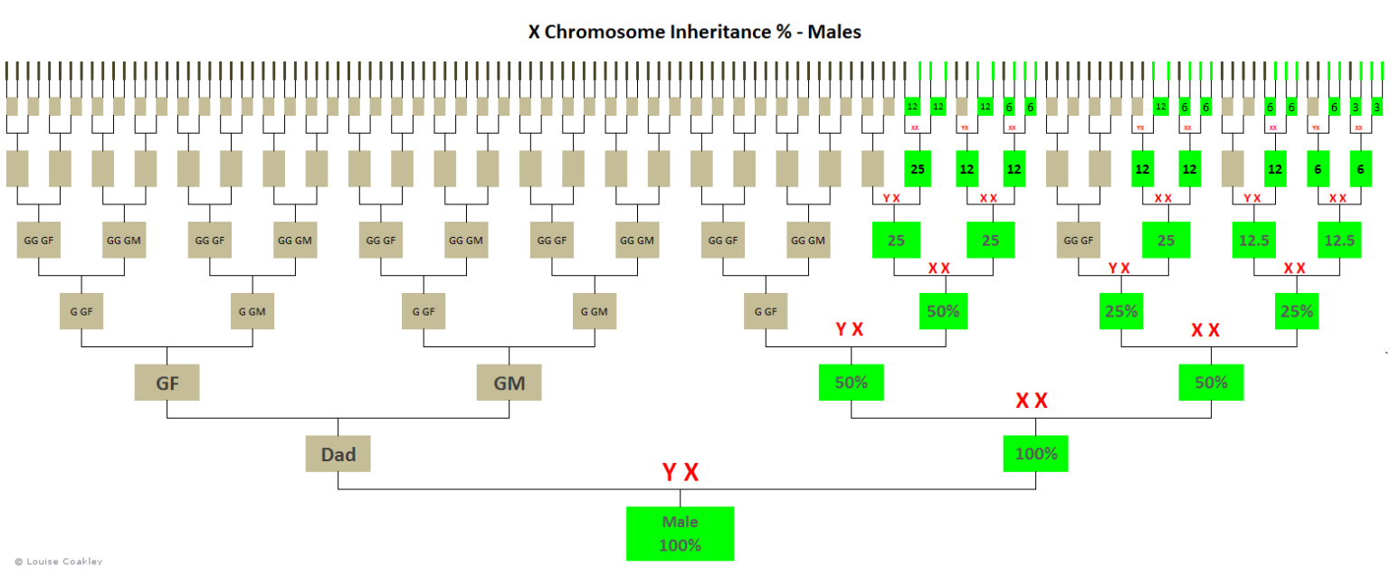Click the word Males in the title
coord(834,32)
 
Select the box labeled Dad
coord(338,454)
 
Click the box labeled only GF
coord(167,382)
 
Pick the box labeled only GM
coord(509,382)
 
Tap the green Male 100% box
coord(680,534)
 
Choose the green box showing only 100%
coord(1035,453)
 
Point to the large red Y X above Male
coord(681,472)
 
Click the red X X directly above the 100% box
coord(1032,401)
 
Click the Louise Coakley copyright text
coord(52,562)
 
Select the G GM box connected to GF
coord(252,311)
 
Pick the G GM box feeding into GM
coord(595,311)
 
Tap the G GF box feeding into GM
coord(424,311)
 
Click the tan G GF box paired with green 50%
coord(766,311)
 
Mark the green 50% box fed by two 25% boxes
coord(1211,382)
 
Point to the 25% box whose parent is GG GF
coord(1121,311)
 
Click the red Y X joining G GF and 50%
coord(849,329)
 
